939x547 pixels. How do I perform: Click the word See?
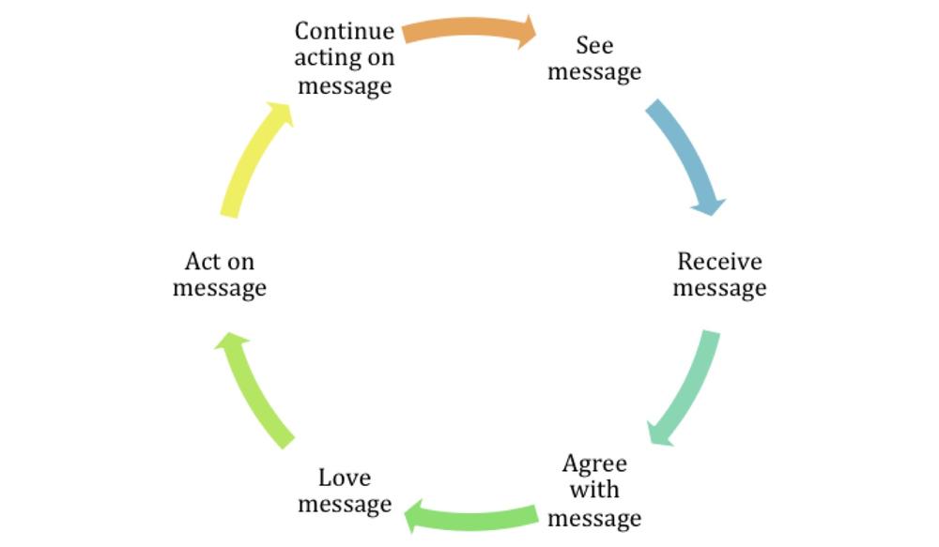594,45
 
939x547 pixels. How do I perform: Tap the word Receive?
719,262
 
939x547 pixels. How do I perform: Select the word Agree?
594,464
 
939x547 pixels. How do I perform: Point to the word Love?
345,478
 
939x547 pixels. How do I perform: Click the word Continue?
345,31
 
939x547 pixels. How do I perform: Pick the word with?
594,490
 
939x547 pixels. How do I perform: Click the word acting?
327,59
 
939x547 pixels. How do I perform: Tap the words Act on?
220,262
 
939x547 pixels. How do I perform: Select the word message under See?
594,72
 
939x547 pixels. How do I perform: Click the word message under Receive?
719,288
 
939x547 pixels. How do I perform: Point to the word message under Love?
345,505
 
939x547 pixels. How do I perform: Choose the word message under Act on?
219,288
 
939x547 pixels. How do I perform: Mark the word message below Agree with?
594,518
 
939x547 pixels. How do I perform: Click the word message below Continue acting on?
345,86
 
